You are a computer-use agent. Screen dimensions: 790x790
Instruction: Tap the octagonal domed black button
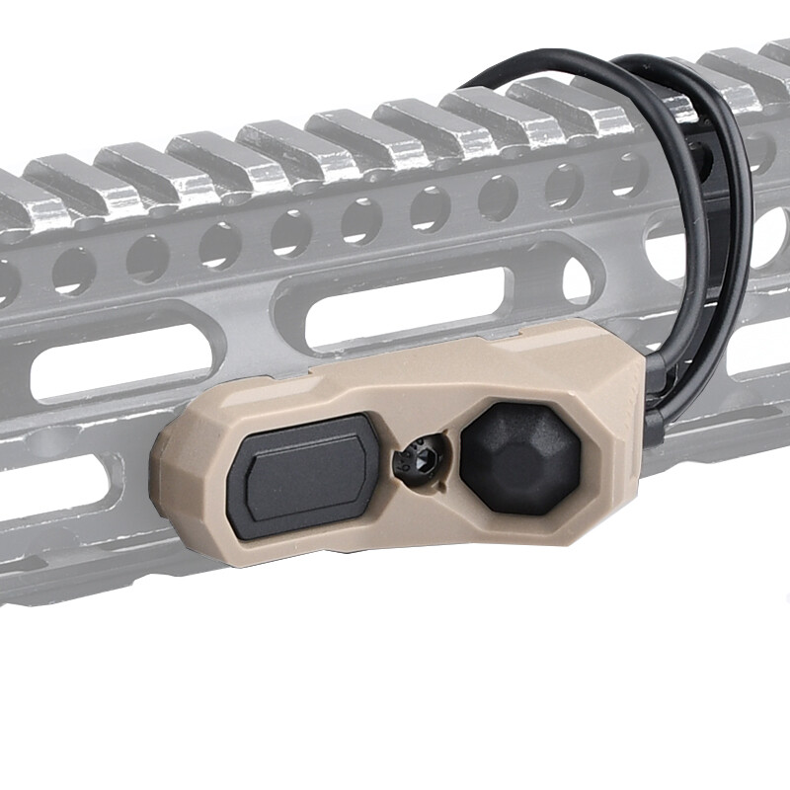[x=520, y=458]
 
